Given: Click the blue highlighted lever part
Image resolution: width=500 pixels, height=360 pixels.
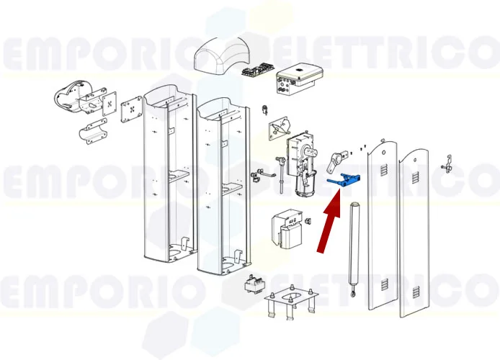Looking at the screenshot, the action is click(x=346, y=181).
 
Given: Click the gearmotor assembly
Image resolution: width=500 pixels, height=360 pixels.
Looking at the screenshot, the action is click(x=302, y=163).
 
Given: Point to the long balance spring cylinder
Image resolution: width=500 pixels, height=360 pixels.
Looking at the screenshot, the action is click(x=354, y=248).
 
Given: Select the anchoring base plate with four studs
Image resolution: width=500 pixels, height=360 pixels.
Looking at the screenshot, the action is click(x=291, y=301).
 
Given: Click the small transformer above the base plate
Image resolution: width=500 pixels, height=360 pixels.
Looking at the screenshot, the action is click(x=253, y=283).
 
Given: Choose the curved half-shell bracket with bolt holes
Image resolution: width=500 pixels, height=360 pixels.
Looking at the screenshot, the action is click(x=93, y=131).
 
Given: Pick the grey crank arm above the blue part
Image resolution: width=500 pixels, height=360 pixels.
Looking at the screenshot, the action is click(x=336, y=161).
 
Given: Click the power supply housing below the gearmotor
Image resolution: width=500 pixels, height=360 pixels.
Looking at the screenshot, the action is click(x=287, y=229).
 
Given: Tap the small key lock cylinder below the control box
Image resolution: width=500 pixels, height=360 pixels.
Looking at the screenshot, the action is click(x=265, y=109).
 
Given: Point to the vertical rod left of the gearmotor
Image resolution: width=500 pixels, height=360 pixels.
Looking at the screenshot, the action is click(x=282, y=174).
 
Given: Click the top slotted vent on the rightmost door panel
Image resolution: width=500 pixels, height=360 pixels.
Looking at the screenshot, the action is click(x=415, y=178).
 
